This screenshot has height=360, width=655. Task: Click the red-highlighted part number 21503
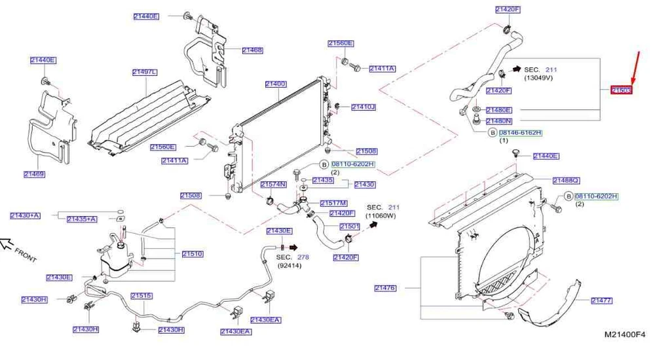621,90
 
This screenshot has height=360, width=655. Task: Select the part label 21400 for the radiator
276,84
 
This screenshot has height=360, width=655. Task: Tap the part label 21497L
144,72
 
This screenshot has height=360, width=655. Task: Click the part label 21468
252,50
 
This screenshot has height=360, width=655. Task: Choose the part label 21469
33,174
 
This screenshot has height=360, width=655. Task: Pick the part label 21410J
363,107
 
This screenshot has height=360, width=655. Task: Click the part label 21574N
273,185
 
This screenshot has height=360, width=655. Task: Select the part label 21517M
333,204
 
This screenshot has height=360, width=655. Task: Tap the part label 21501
349,226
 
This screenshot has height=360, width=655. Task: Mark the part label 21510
192,253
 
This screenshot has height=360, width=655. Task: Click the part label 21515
141,296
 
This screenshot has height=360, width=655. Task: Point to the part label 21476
385,287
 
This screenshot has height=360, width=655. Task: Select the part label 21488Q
566,180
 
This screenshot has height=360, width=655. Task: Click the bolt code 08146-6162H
520,133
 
